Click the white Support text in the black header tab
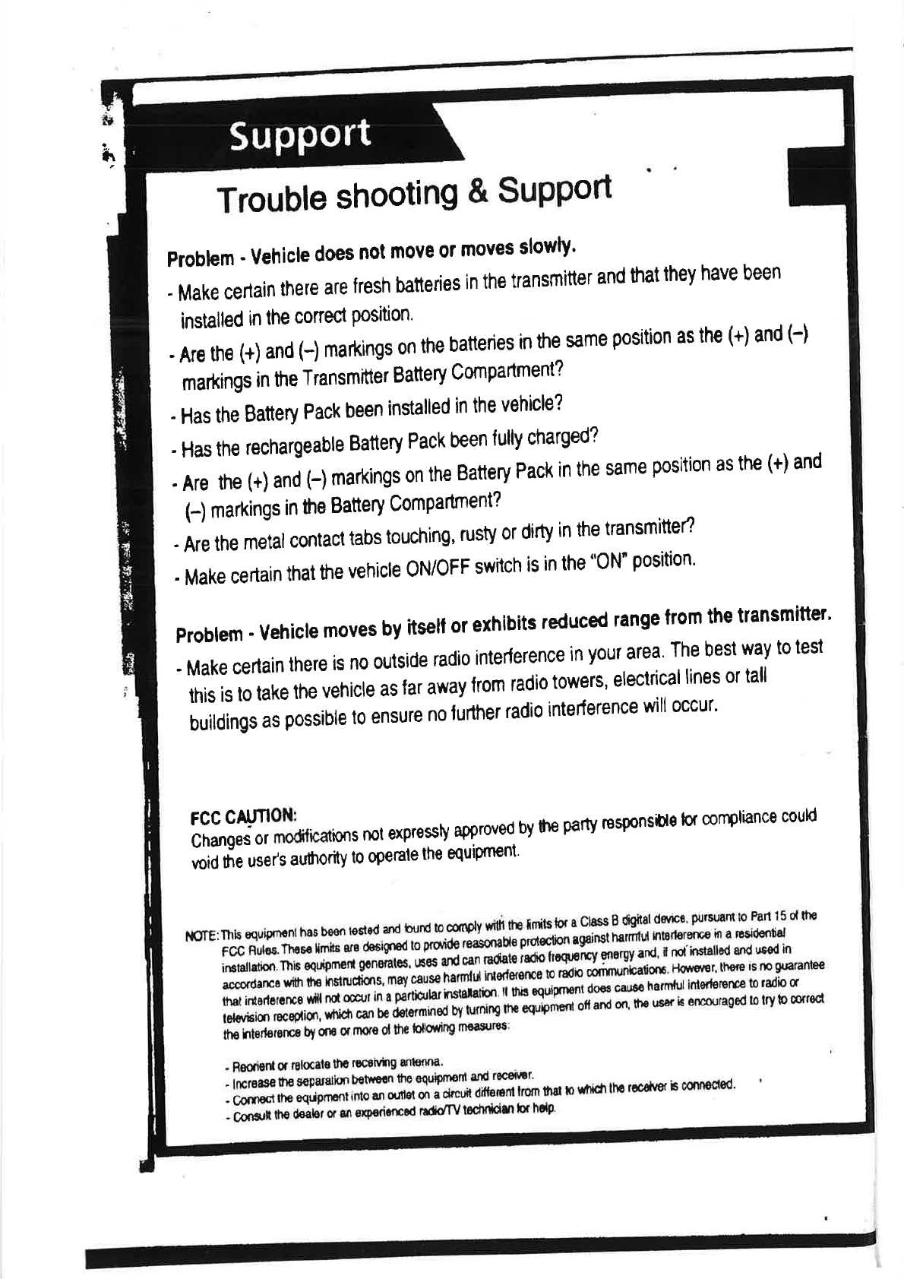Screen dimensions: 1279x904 point(301,135)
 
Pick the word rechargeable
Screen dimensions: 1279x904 point(295,445)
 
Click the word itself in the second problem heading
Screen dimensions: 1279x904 point(428,625)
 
